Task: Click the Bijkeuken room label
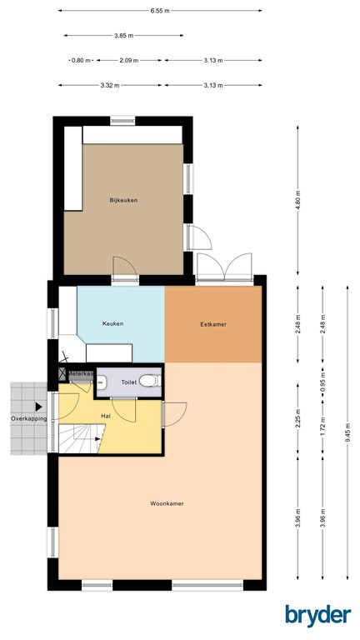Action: (123, 200)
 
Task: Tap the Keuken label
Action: (114, 324)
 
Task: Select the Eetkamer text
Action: (212, 324)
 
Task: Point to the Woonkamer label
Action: (167, 504)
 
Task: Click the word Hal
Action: (106, 414)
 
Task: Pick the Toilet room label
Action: (128, 382)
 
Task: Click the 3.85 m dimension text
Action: (124, 36)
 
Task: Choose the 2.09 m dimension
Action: (129, 61)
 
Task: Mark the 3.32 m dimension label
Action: (110, 85)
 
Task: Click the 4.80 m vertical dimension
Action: (297, 200)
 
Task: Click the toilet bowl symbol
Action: (147, 381)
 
